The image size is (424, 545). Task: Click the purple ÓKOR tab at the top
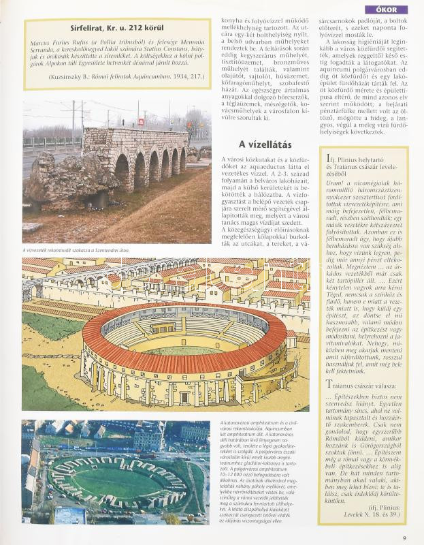(x=387, y=10)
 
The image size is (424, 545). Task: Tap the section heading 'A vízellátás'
(x=265, y=144)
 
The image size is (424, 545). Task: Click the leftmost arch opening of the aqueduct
(x=122, y=173)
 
